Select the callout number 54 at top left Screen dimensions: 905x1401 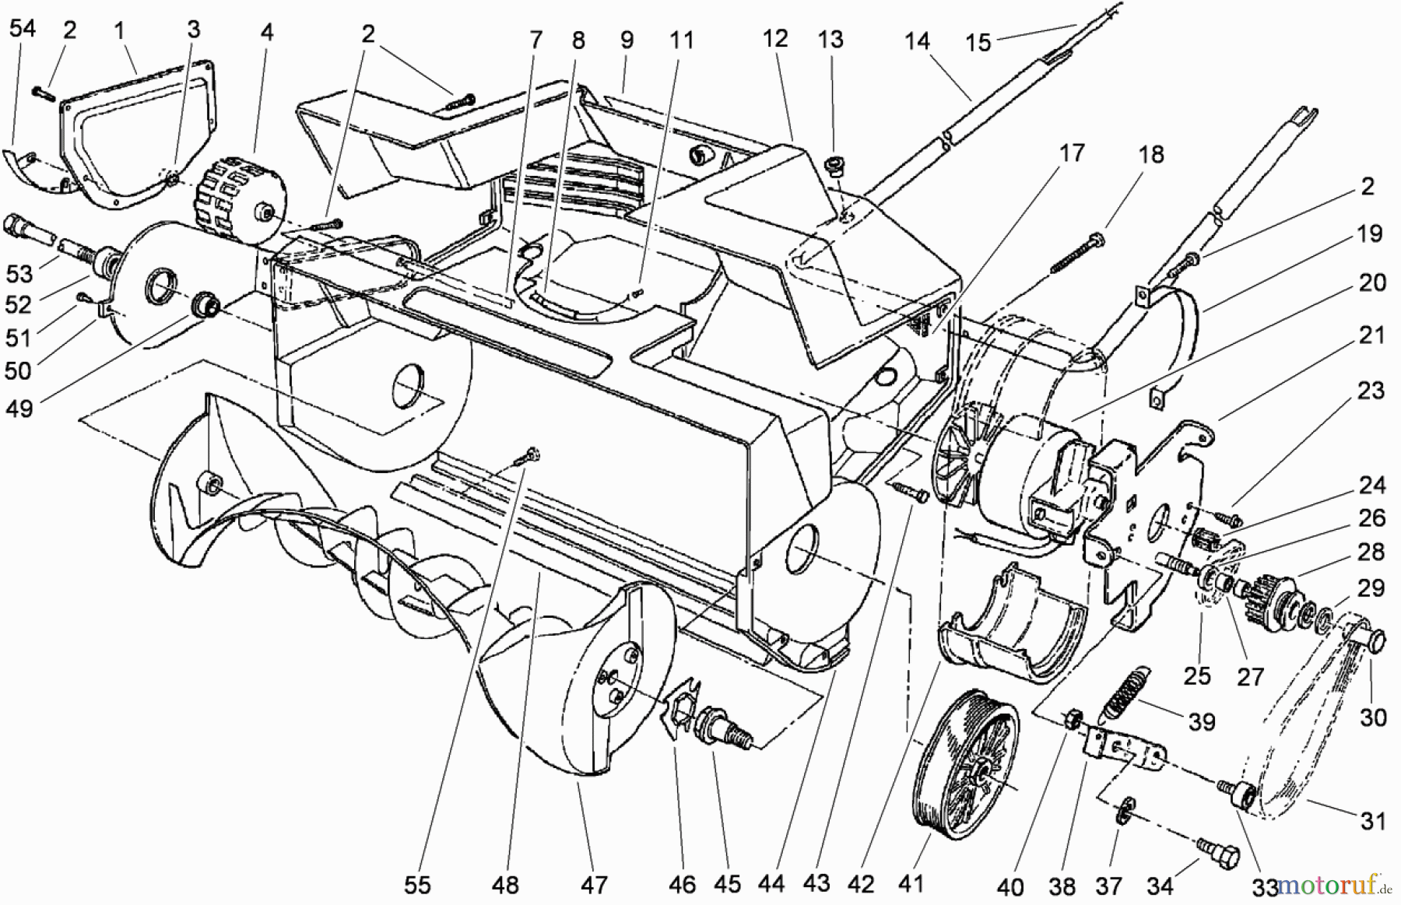[x=22, y=29]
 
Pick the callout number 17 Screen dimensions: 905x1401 [x=1072, y=153]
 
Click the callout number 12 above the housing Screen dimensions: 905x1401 [x=775, y=38]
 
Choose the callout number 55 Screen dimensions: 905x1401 [x=417, y=885]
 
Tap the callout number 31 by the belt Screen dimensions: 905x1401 [x=1373, y=821]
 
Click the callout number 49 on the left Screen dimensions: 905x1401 [x=19, y=407]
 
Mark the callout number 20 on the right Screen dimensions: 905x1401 [x=1372, y=282]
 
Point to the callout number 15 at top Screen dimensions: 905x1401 [x=978, y=41]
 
